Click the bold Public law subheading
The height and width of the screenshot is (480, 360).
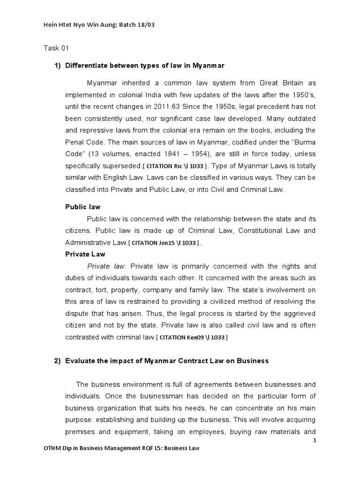pyautogui.click(x=82, y=207)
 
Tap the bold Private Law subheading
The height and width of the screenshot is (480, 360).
pyautogui.click(x=84, y=254)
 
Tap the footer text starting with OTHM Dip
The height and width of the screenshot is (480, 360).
pyautogui.click(x=121, y=449)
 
